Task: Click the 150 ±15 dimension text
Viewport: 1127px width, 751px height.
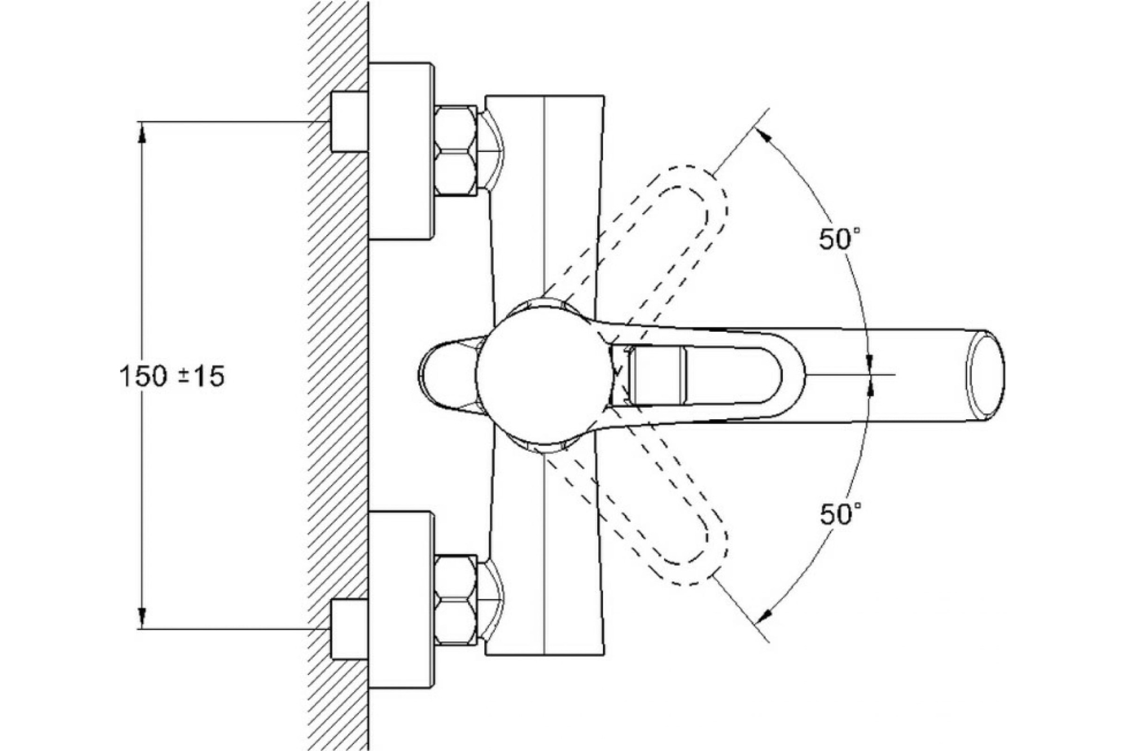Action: point(172,376)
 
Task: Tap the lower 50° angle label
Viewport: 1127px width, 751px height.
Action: point(840,514)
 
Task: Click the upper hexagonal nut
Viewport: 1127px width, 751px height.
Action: point(456,150)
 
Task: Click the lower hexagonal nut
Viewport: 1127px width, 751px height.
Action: point(456,599)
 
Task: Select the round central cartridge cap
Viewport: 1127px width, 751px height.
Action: point(543,375)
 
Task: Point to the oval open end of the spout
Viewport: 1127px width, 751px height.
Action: point(985,375)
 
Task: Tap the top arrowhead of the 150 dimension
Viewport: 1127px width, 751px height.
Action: point(142,133)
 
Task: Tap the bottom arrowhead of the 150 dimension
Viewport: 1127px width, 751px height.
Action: point(142,619)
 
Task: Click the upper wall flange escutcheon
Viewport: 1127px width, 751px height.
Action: point(401,150)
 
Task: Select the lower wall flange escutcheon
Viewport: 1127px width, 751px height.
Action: point(401,599)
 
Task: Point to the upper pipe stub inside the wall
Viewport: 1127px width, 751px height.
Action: point(349,122)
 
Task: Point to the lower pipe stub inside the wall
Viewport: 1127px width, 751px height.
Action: point(349,629)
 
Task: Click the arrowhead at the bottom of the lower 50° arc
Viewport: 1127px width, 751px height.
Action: point(764,616)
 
